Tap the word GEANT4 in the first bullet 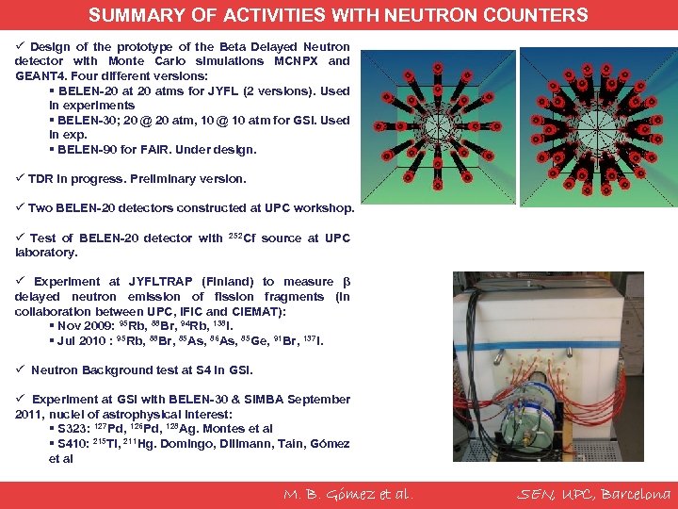39,75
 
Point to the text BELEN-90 87,150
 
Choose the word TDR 40,179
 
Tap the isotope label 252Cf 242,238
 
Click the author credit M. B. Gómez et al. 347,494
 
